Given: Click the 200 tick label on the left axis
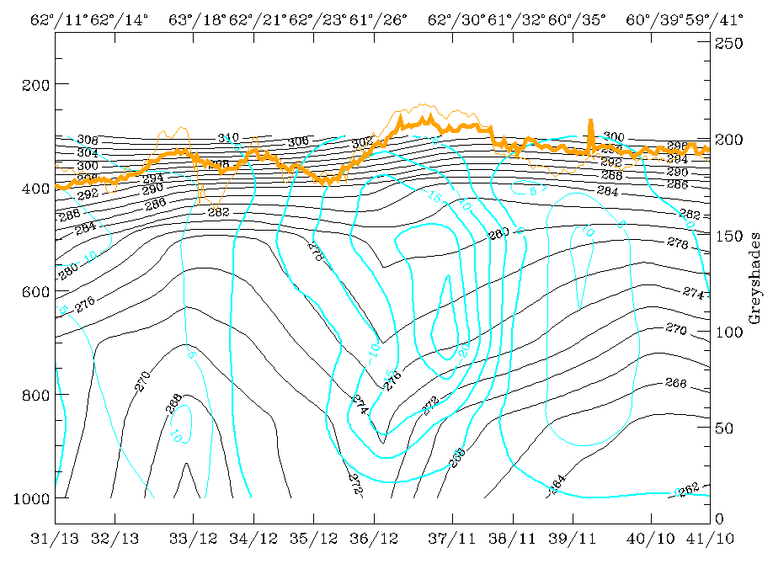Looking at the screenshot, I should coord(39,84).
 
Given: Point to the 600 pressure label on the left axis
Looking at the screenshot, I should coord(39,291).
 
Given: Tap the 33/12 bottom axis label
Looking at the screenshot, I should coord(194,536).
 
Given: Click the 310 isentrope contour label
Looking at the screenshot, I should coord(228,137).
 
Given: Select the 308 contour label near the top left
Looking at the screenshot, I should coord(88,140).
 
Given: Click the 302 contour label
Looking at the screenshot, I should coord(362,143).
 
